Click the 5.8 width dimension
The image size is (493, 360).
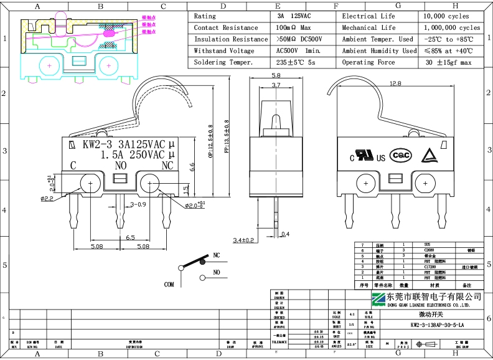pos(276,75)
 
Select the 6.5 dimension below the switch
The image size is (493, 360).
pos(131,238)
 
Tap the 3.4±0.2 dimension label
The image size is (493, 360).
pos(245,240)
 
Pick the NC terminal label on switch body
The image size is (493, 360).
pos(167,166)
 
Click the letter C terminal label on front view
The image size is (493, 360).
pos(73,166)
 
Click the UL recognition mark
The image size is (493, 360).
pos(362,154)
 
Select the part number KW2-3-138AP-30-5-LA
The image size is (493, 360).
pos(437,325)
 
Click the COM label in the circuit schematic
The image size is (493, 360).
pos(169,284)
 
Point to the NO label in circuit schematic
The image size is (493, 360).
pos(217,272)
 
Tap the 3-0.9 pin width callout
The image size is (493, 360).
pos(138,204)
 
